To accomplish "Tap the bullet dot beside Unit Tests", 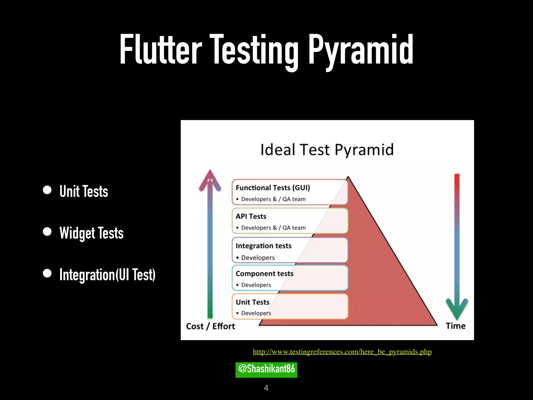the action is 47,190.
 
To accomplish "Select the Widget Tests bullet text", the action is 91,233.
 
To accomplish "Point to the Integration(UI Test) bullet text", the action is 107,274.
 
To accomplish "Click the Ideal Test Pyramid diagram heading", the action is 327,150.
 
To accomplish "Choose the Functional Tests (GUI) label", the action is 273,188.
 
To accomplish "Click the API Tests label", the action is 251,216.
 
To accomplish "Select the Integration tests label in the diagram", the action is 263,246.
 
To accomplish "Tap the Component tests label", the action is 264,273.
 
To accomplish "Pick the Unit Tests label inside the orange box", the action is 252,302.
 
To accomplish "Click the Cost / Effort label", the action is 210,326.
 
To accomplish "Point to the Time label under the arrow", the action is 455,326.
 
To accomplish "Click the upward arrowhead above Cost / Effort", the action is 210,178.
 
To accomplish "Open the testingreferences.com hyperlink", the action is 342,352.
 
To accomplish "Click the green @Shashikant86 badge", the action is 266,370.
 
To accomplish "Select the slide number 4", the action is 266,388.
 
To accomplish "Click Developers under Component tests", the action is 256,285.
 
